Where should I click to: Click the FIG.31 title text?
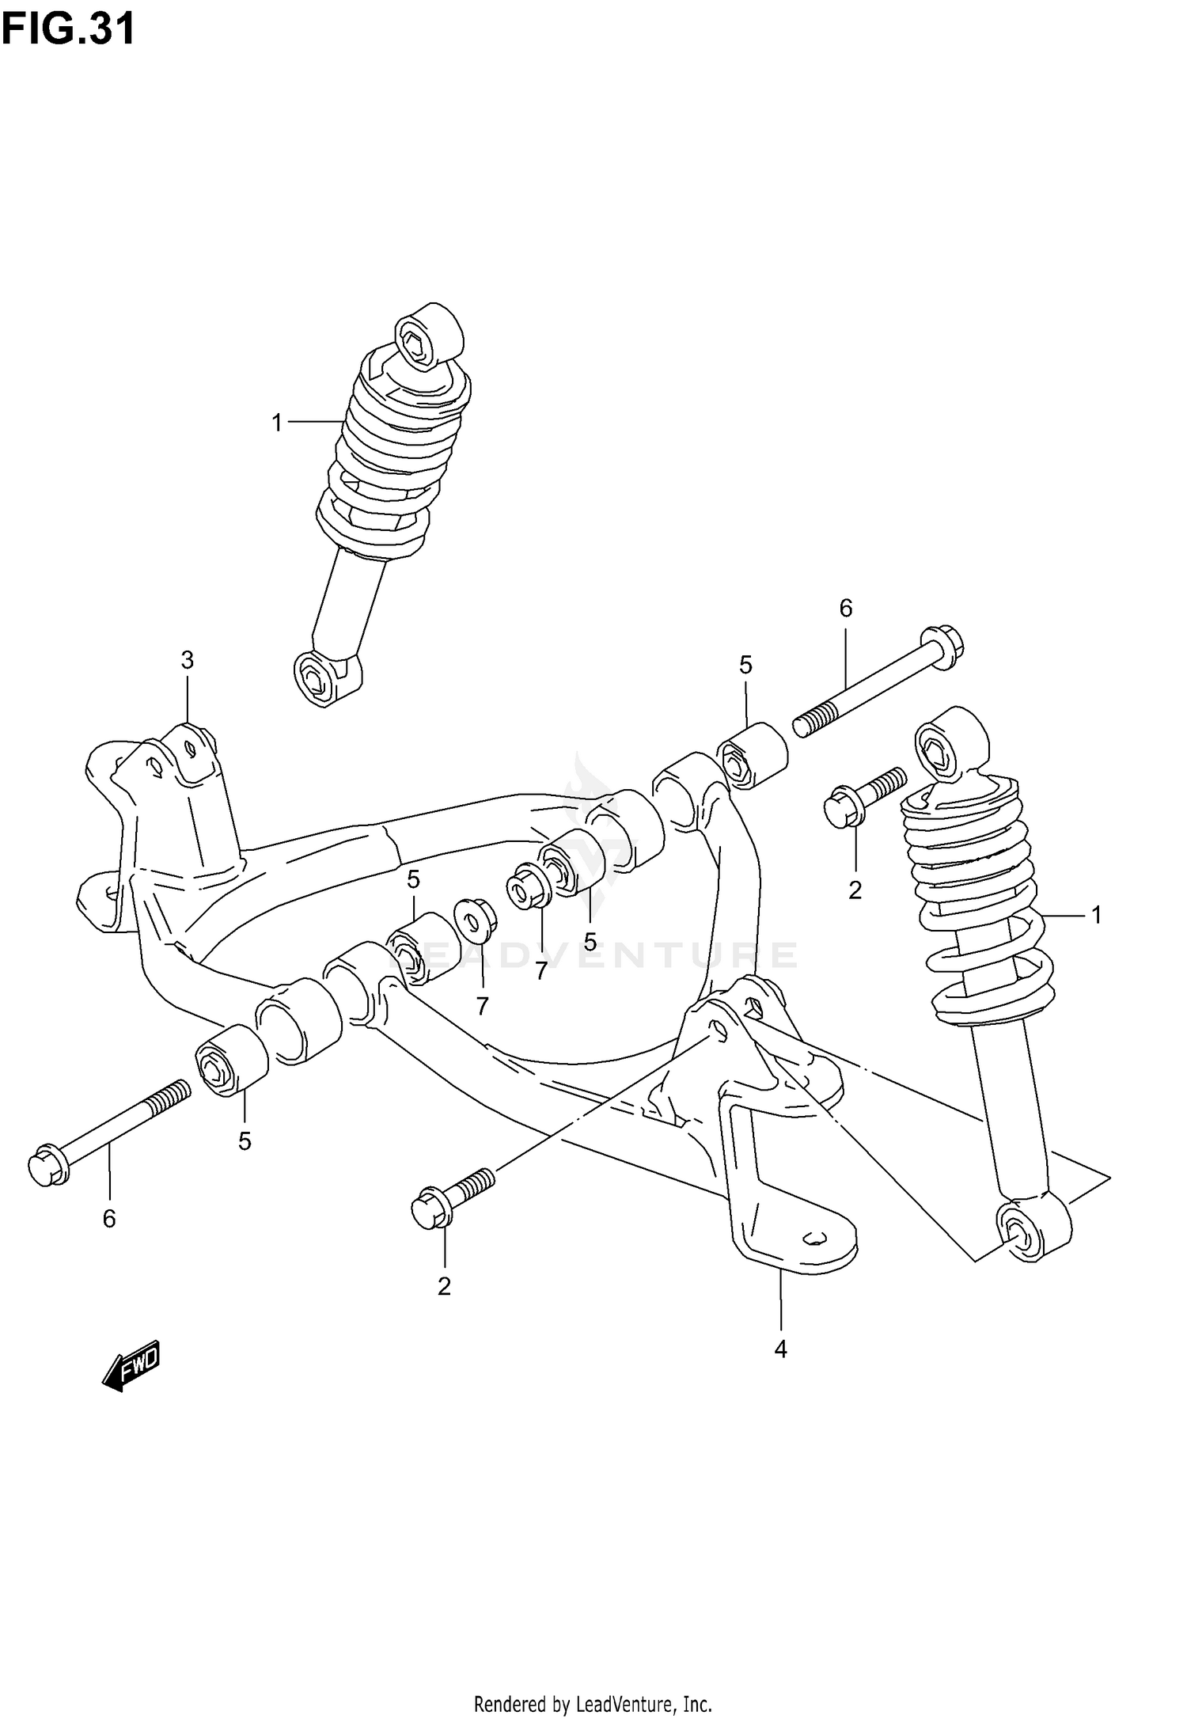tap(68, 30)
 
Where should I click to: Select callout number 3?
tap(187, 659)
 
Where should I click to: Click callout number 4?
tap(780, 1349)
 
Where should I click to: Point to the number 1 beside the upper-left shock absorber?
tap(277, 423)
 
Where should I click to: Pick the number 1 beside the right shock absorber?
tap(1096, 916)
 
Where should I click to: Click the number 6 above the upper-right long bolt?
tap(845, 609)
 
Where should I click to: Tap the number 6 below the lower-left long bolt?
tap(109, 1219)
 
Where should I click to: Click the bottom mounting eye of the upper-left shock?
tap(327, 677)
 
